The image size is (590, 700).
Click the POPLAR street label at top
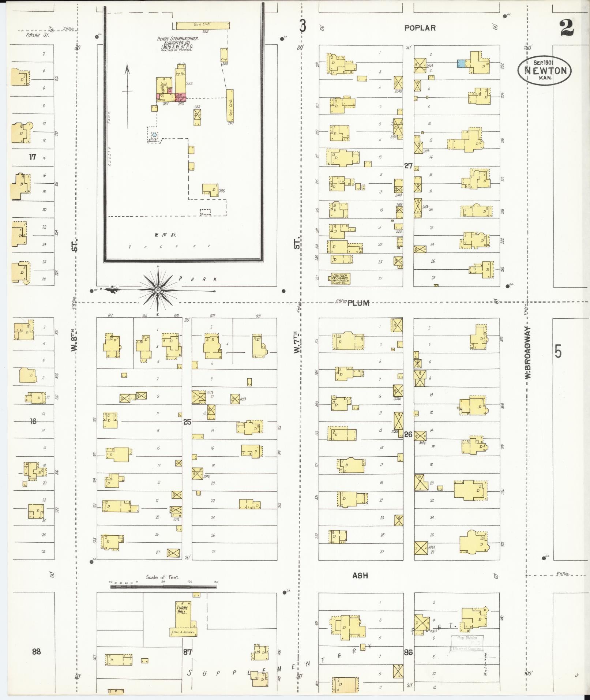420,28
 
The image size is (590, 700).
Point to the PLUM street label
358,303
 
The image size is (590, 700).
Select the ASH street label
360,576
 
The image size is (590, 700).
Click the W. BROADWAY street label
528,353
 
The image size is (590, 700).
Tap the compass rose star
158,290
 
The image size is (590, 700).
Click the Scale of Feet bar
163,587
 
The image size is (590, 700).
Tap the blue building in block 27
461,64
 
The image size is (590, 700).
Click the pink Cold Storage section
181,97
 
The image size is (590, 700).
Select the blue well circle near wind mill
154,135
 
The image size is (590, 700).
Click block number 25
187,422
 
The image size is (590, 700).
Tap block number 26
408,434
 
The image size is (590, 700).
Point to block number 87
187,651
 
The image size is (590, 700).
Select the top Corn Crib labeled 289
202,25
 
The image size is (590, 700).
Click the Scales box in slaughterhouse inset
205,212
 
